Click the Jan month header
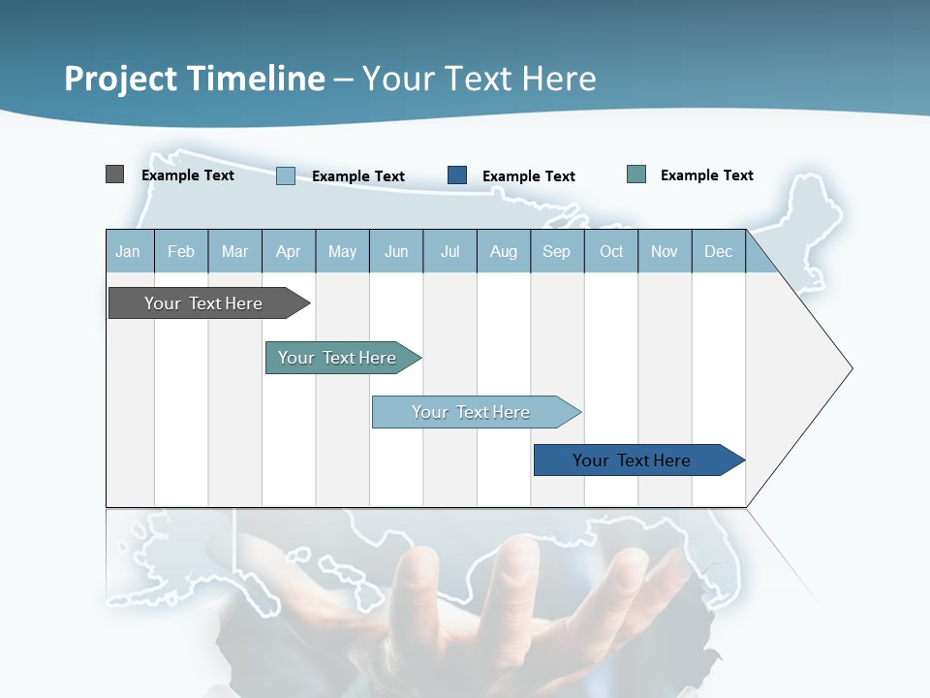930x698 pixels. click(128, 252)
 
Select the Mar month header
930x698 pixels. click(234, 252)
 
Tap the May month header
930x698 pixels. click(342, 252)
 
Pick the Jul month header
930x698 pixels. click(449, 252)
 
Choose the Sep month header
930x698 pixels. click(556, 252)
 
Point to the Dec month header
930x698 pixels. click(718, 252)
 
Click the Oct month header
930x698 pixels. click(611, 252)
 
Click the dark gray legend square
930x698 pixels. click(114, 174)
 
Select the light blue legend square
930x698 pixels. click(286, 175)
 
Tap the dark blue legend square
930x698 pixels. click(457, 175)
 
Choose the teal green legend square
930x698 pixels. click(636, 174)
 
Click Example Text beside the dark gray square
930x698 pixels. click(188, 175)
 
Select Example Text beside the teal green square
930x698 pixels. click(707, 175)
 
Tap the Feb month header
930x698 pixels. click(181, 252)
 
